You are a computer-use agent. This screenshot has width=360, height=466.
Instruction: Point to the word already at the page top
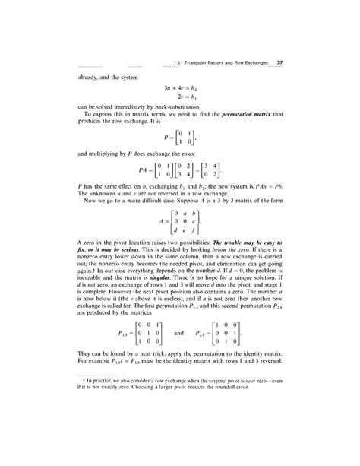tap(88, 77)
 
